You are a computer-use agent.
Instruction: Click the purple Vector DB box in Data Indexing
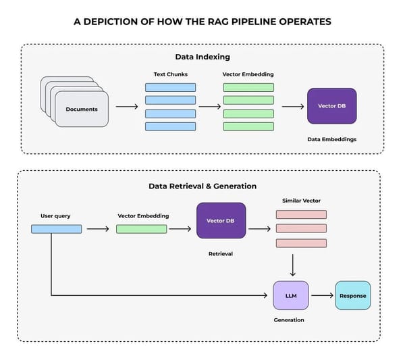tap(331, 106)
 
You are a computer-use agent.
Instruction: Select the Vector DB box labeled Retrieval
tap(221, 221)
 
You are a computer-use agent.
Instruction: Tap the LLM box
tap(291, 295)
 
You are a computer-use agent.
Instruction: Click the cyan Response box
tap(353, 296)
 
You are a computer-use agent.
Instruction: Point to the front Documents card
tap(81, 109)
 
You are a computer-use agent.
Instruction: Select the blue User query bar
tap(56, 229)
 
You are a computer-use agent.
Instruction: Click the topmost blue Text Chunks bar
tap(170, 87)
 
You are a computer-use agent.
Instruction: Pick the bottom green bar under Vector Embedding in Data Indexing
tap(248, 126)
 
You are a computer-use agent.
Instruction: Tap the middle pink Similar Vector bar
tap(301, 228)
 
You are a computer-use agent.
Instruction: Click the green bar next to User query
tap(141, 229)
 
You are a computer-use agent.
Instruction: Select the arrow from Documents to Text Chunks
tap(127, 107)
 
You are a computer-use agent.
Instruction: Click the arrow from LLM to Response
tap(322, 296)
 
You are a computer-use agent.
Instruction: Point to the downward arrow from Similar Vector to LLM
tap(292, 265)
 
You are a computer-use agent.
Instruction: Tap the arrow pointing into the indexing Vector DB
tap(292, 107)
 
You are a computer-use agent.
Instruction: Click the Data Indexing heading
tap(202, 57)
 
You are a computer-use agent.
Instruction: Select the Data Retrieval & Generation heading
tap(202, 186)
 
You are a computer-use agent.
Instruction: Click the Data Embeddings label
tap(331, 139)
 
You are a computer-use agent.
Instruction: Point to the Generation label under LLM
tap(289, 320)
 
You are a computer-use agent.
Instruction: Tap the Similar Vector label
tap(301, 201)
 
